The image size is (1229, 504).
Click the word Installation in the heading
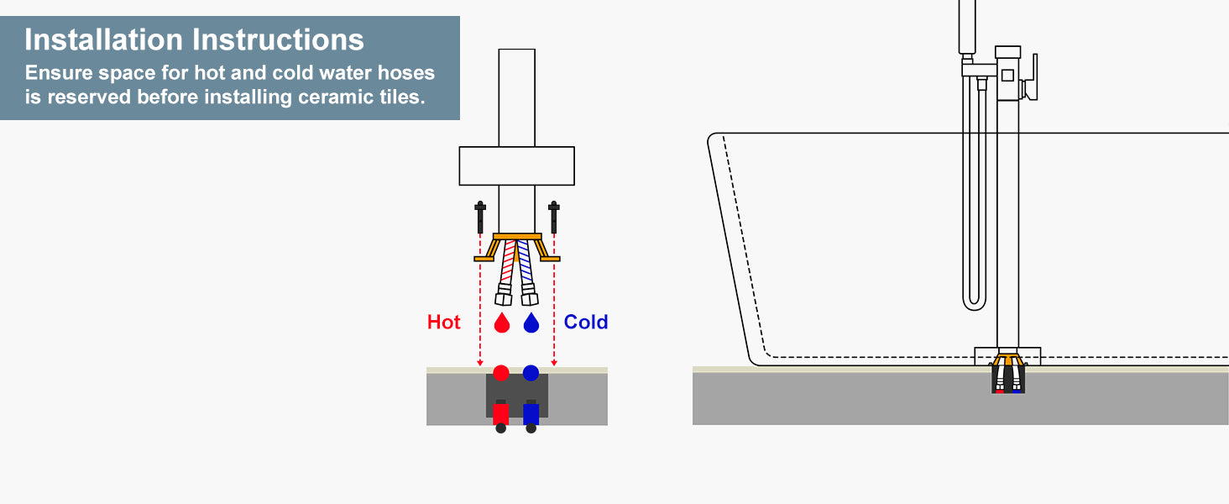pyautogui.click(x=103, y=39)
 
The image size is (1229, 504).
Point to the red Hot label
pyautogui.click(x=443, y=322)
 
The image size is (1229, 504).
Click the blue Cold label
pyautogui.click(x=586, y=322)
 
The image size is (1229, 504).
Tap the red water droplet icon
pyautogui.click(x=501, y=323)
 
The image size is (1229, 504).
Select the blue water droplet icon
pyautogui.click(x=531, y=323)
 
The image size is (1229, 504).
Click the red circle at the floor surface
pyautogui.click(x=501, y=372)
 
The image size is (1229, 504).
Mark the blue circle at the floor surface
pyautogui.click(x=531, y=372)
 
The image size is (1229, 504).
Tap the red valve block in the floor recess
pyautogui.click(x=501, y=412)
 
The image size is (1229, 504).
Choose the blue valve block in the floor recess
pyautogui.click(x=531, y=412)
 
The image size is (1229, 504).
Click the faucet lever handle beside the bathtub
pyautogui.click(x=1033, y=77)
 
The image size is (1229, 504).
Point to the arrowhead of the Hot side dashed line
pyautogui.click(x=479, y=363)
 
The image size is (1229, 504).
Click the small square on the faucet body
pyautogui.click(x=1007, y=75)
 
